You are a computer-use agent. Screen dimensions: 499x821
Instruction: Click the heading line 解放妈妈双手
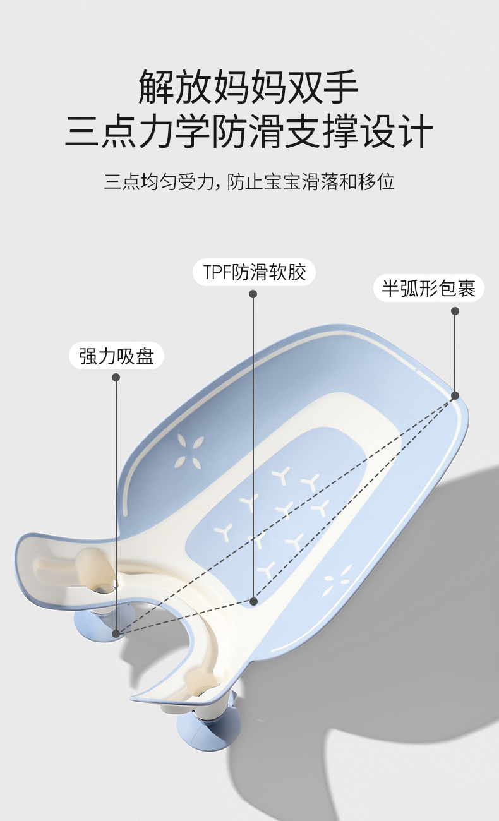coord(249,87)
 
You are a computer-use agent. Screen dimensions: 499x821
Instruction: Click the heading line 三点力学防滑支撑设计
coord(249,131)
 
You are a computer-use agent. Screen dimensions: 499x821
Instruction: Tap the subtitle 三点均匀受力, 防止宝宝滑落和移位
coord(249,182)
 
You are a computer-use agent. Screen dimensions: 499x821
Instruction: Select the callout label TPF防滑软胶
coord(254,272)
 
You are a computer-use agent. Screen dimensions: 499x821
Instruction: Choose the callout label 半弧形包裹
coord(428,289)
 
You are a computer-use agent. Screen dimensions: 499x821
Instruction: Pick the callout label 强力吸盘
coord(116,356)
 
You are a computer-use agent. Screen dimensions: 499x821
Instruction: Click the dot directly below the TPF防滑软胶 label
coord(253,294)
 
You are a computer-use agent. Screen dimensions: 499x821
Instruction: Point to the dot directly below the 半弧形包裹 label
coord(455,311)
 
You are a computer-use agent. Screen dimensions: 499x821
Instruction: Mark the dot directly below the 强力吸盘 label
coord(116,377)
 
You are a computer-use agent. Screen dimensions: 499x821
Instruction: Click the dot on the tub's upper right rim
coord(455,395)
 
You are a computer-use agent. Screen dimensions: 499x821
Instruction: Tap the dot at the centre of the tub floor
coord(253,601)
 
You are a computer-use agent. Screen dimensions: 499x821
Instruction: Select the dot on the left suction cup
coord(116,632)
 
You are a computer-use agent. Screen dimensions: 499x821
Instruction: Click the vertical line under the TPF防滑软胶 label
coord(253,442)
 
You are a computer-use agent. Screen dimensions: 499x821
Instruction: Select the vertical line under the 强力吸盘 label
coord(116,505)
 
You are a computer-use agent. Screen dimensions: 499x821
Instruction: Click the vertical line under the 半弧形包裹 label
coord(455,354)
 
